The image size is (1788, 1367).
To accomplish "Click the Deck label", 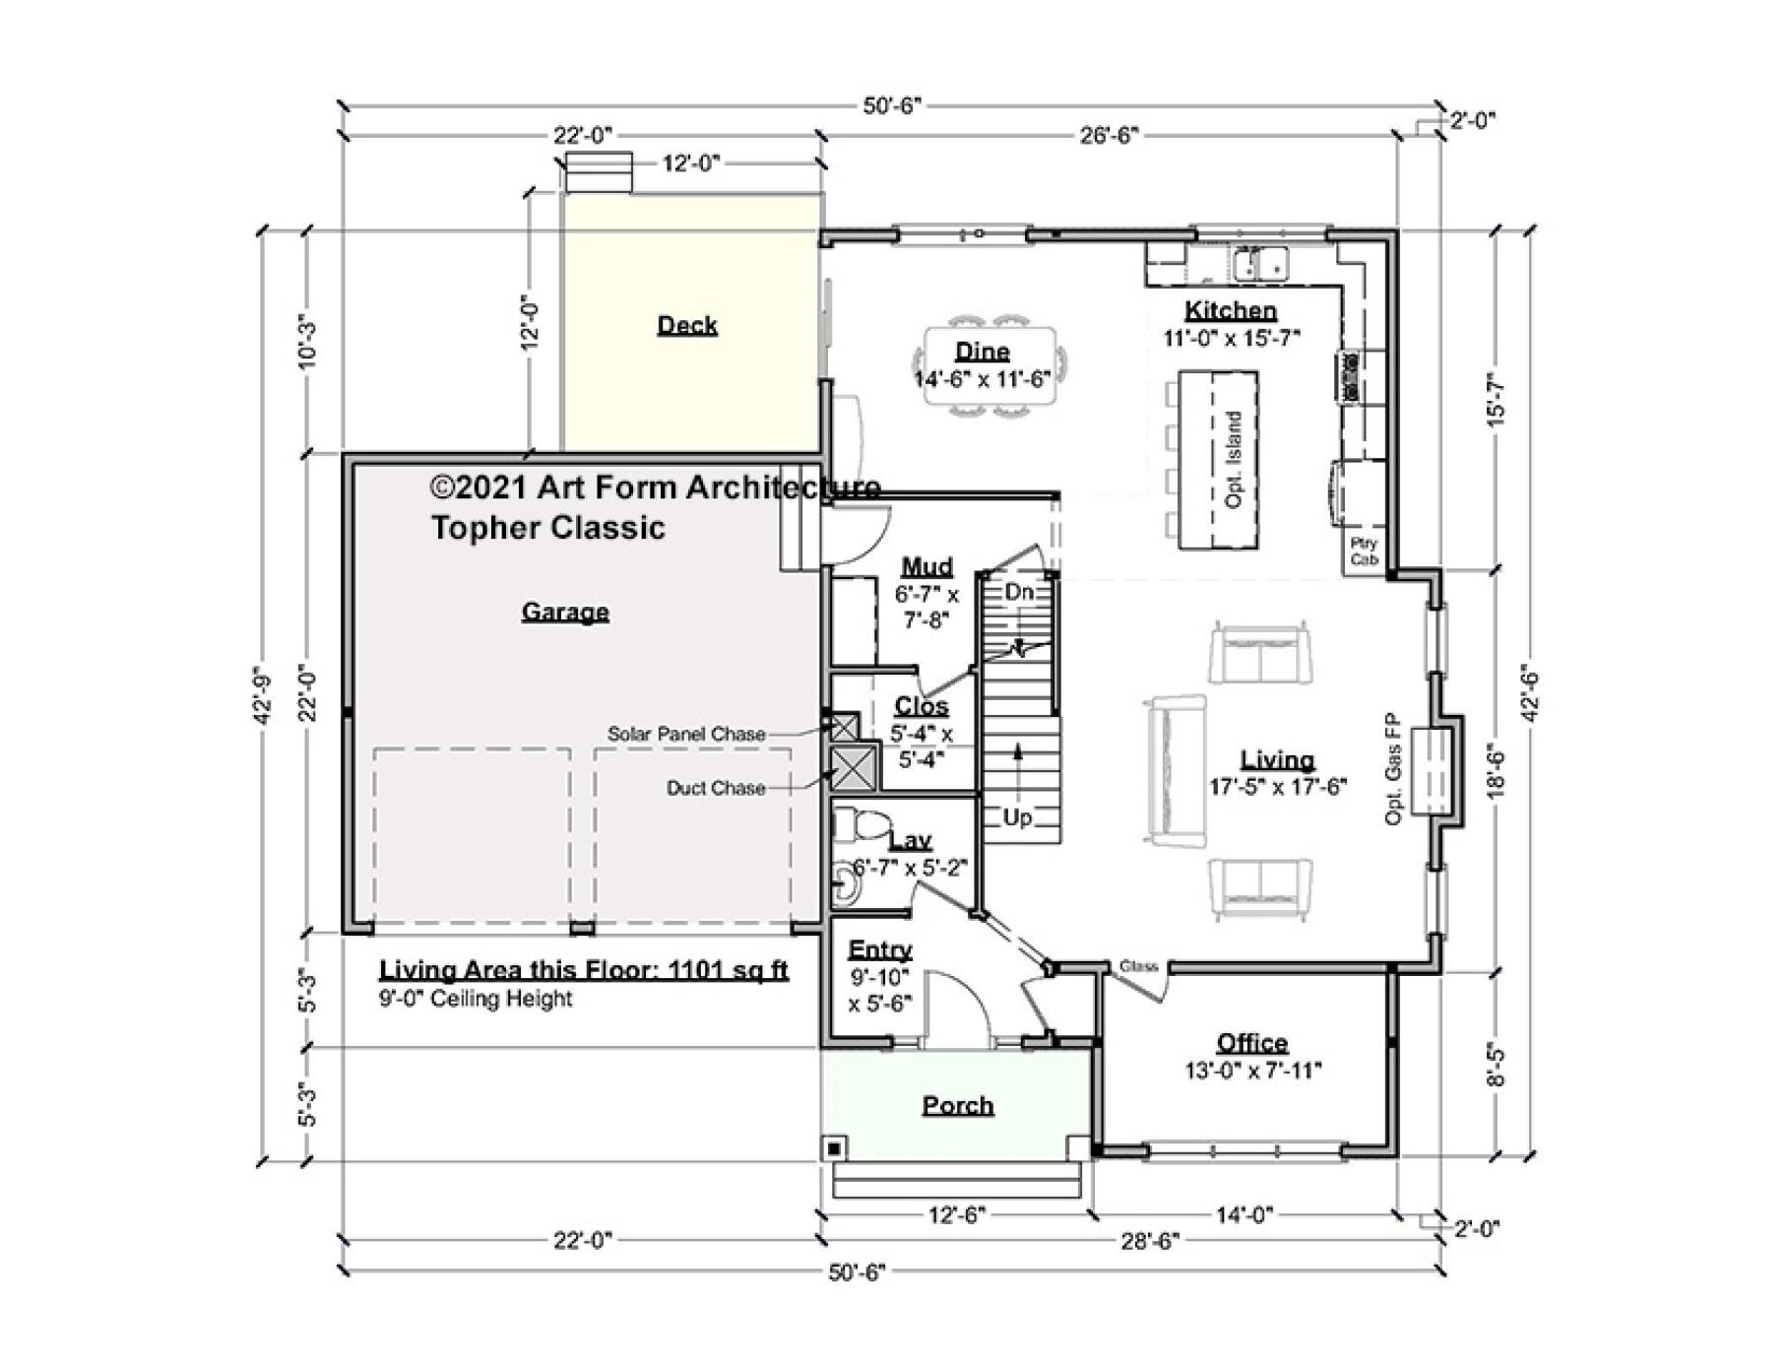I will click(x=686, y=325).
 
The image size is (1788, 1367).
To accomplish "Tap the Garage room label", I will click(x=564, y=612).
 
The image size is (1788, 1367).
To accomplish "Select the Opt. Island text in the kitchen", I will click(x=1233, y=459).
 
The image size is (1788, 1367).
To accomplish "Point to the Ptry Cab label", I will click(x=1364, y=551).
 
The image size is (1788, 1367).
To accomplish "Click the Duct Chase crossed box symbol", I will click(x=853, y=768).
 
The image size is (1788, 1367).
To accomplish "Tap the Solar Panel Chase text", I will click(x=685, y=734).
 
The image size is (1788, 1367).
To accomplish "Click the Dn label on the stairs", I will click(x=1019, y=592).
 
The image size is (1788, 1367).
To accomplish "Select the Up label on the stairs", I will click(x=1017, y=817).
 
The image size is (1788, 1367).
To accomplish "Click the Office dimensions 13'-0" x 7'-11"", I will click(x=1252, y=1071).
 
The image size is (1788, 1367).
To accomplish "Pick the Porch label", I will click(x=957, y=1105).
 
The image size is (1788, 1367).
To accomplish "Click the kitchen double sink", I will click(x=1259, y=264).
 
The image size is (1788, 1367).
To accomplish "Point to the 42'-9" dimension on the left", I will click(x=261, y=695).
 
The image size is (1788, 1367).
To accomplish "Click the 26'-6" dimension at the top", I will click(x=1109, y=135).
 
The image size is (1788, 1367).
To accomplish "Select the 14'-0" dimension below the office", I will click(x=1244, y=1215).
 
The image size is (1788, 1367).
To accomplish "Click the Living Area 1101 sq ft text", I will click(x=584, y=970).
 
